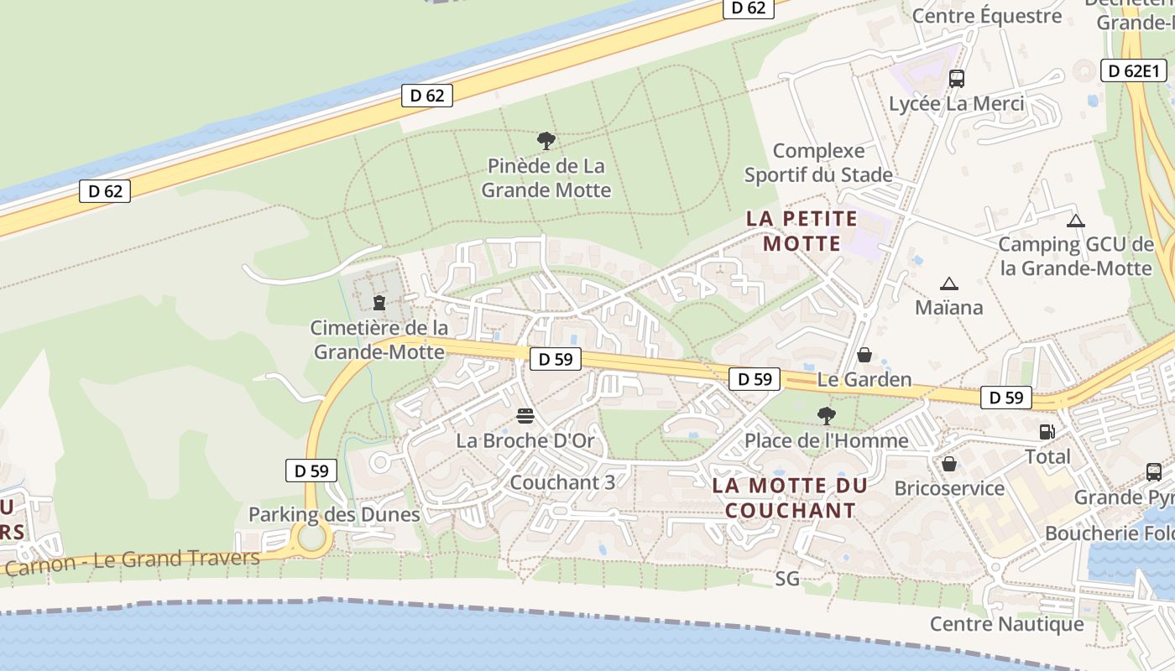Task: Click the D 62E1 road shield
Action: point(1133,71)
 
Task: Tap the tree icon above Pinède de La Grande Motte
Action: point(546,141)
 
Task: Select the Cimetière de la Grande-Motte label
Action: point(379,339)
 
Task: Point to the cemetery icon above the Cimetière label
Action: point(379,301)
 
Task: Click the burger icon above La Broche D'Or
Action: point(525,416)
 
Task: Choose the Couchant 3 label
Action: point(562,482)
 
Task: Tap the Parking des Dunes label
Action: point(334,514)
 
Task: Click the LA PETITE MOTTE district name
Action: point(802,231)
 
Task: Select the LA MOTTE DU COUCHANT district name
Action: point(790,497)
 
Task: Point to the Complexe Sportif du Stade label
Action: point(818,163)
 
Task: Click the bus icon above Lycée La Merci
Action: point(956,79)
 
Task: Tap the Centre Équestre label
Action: point(986,16)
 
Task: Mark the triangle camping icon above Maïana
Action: point(949,283)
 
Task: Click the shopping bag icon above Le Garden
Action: point(864,356)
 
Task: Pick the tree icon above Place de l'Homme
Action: point(827,415)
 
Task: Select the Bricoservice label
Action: point(949,488)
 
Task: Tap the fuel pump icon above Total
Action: point(1047,432)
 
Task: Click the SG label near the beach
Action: point(787,579)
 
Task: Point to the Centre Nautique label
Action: point(1007,624)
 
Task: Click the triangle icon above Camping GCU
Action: point(1076,221)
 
